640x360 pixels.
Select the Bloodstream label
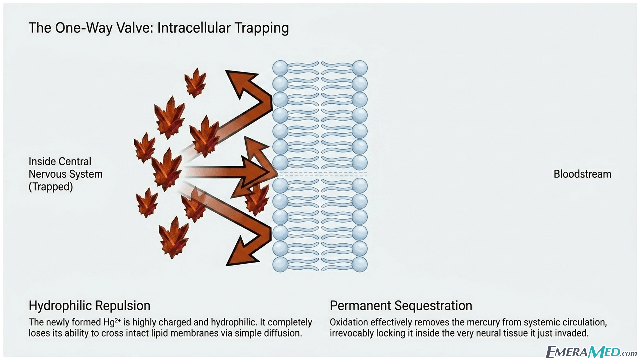[x=582, y=174]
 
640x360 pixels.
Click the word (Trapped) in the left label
[x=51, y=187]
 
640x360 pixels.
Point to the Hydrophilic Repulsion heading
[x=89, y=306]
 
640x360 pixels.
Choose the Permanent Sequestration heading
[x=401, y=306]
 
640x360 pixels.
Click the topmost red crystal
[x=196, y=83]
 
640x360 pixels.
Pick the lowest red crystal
[x=173, y=237]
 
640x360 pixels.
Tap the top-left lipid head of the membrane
[x=280, y=68]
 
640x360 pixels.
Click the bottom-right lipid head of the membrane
[x=360, y=264]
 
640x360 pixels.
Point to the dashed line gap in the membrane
[x=323, y=174]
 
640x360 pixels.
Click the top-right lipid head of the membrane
[x=360, y=68]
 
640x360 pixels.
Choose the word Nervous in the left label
[x=46, y=174]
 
